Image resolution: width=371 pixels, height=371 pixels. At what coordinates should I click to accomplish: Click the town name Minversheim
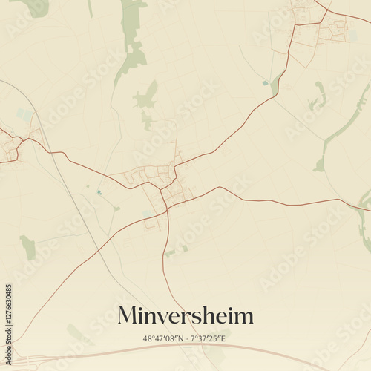pos(185,315)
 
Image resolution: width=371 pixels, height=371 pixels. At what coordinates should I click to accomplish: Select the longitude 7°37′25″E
pos(209,338)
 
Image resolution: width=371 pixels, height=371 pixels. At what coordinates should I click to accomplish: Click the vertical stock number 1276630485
pos(9,317)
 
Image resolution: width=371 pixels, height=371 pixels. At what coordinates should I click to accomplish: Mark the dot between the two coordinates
pos(187,338)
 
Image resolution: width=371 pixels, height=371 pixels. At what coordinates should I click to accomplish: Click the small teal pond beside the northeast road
pos(266,84)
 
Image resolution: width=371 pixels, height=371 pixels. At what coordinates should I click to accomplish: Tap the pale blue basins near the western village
pos(25,115)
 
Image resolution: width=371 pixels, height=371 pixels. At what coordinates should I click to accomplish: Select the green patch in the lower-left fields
pos(27,246)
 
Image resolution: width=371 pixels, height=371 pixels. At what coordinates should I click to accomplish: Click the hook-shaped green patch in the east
pos(320,96)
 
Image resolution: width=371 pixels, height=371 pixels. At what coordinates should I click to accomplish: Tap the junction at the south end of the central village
pos(167,209)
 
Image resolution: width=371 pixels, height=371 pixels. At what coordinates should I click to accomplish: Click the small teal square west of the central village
pos(99,193)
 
